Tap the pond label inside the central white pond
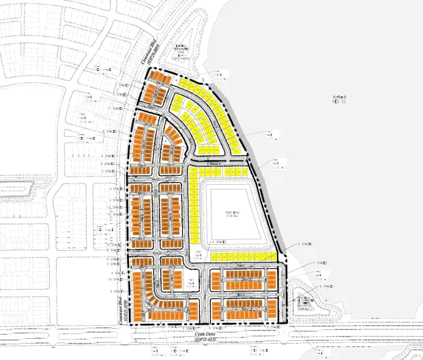point(234,214)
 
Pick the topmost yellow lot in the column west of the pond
point(193,171)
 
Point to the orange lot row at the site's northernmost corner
point(158,77)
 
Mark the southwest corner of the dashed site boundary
point(129,326)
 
